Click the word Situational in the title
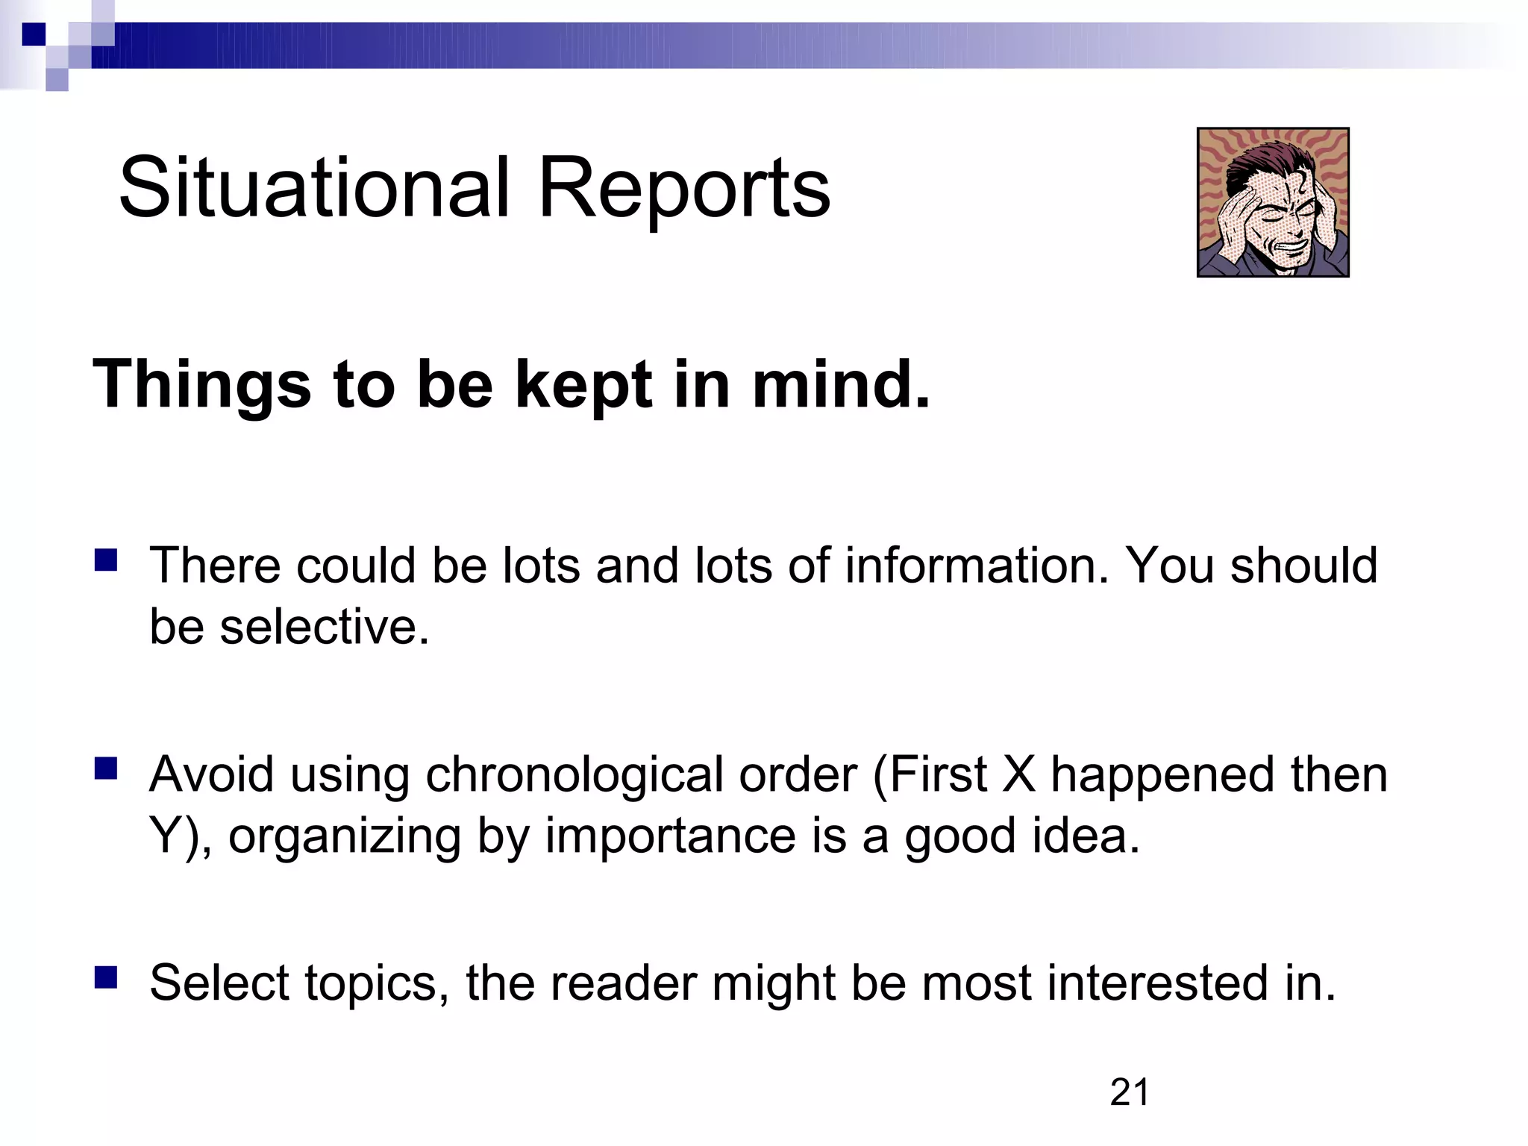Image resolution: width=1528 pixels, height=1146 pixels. (313, 188)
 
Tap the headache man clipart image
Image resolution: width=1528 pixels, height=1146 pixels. (1273, 202)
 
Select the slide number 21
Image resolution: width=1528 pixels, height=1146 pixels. (1130, 1093)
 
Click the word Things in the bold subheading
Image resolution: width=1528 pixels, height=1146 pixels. (201, 386)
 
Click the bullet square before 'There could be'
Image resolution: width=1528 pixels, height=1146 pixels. (106, 560)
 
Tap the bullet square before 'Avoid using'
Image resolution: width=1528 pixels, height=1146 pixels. (106, 768)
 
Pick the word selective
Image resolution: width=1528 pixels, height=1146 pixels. (325, 627)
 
